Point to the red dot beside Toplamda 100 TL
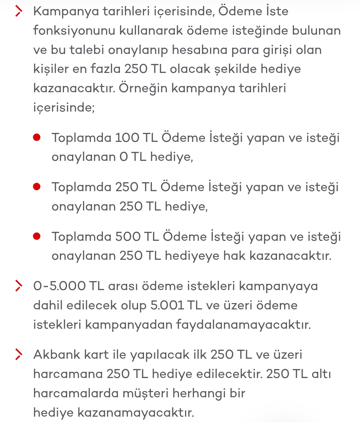[x=37, y=137]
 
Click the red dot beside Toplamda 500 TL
[x=37, y=236]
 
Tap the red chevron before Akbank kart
[x=19, y=355]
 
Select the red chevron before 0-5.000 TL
[x=19, y=286]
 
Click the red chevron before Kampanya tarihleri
[x=19, y=11]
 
